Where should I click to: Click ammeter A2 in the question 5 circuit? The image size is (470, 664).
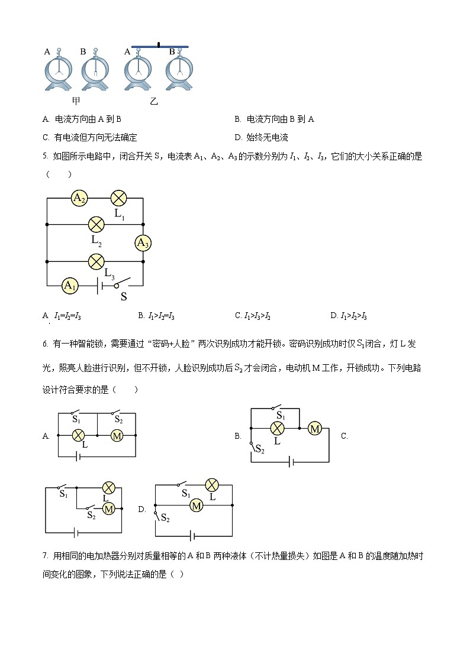click(x=78, y=198)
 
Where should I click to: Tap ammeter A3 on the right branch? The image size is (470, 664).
click(x=143, y=242)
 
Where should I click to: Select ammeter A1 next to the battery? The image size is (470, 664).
click(x=70, y=286)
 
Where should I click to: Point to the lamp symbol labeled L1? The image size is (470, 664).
click(x=120, y=198)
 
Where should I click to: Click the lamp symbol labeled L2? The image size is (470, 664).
click(x=96, y=224)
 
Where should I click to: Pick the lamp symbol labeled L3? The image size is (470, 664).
click(x=96, y=261)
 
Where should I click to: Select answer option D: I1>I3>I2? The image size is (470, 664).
click(x=353, y=316)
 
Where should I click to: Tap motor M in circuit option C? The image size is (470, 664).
click(x=108, y=508)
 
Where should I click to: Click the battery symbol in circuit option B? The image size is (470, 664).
click(x=291, y=462)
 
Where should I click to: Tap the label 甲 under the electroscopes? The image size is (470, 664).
click(x=76, y=101)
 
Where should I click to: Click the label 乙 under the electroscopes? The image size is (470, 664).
click(x=154, y=101)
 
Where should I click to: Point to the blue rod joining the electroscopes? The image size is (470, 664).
click(x=160, y=46)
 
